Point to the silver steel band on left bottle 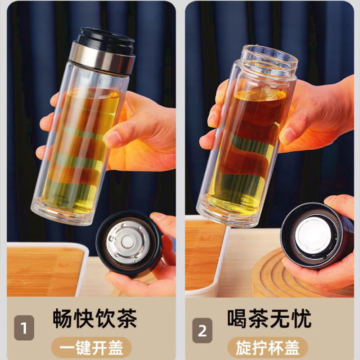coord(103,59)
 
